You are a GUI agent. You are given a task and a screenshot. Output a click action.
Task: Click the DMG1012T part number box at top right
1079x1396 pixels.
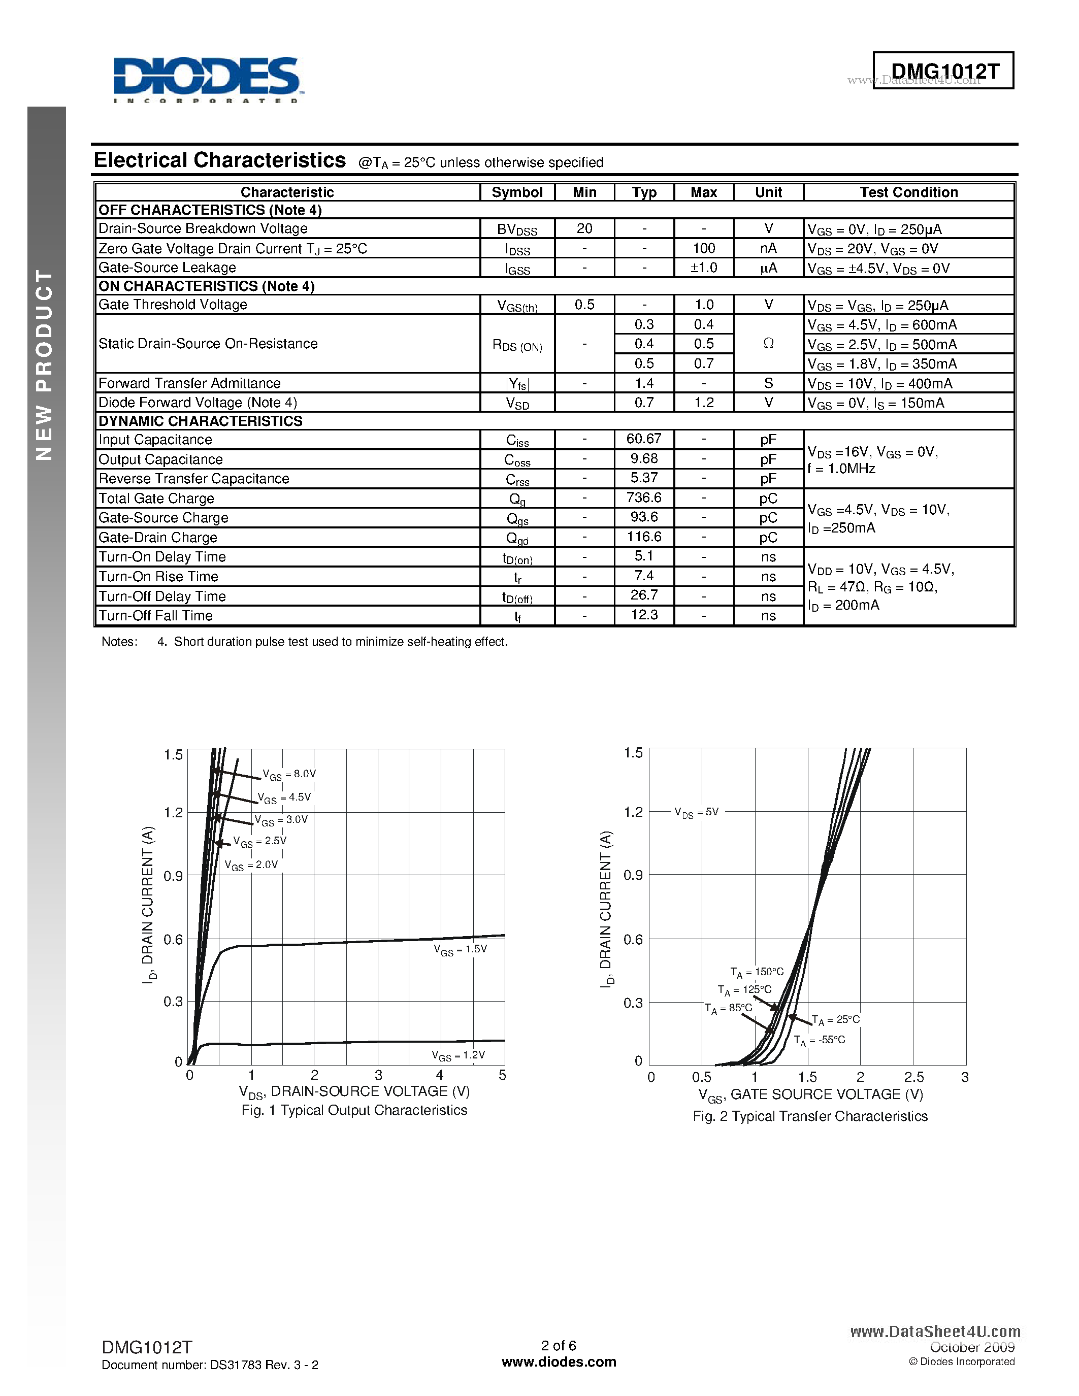(943, 71)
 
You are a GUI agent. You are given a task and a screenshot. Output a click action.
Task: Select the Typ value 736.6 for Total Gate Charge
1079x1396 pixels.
(644, 498)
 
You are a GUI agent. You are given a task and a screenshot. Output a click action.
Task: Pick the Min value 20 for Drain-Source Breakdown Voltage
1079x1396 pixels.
(584, 229)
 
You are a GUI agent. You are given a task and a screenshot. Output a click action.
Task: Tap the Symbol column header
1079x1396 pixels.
(517, 192)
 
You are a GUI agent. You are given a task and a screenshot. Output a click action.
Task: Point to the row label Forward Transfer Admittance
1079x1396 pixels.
(189, 383)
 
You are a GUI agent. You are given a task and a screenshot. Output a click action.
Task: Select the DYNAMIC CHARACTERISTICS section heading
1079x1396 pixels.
(200, 421)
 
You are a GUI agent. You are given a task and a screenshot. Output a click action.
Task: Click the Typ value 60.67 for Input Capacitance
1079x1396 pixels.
(644, 439)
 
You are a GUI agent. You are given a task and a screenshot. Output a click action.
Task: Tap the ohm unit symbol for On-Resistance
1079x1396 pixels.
(768, 344)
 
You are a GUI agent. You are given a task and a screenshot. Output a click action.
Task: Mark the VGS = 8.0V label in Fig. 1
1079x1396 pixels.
(289, 775)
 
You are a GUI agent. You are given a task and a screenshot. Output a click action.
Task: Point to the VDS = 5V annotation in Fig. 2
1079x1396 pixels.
(696, 812)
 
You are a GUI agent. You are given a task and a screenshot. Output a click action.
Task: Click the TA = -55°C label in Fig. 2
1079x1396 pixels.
(820, 1041)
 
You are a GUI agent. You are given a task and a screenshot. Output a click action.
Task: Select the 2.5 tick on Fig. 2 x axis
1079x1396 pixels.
(913, 1078)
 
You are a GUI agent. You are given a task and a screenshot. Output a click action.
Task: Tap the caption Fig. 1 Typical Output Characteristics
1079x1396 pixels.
(354, 1110)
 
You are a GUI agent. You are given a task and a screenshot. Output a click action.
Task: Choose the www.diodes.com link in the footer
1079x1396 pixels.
(559, 1362)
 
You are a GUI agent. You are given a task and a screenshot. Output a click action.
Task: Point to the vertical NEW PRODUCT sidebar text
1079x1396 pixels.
(44, 364)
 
